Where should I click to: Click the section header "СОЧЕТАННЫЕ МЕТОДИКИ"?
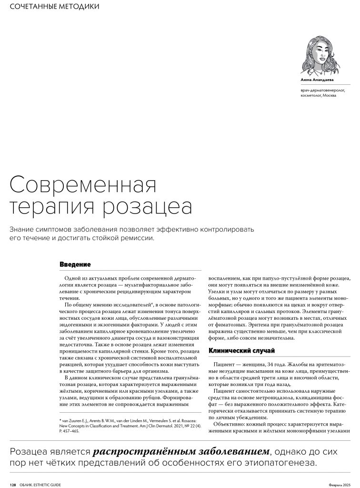point(55,7)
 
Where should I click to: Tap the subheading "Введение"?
point(75,264)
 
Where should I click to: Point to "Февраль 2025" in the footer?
point(340,484)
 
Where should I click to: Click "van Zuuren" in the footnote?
point(73,420)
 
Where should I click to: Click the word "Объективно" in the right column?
point(230,424)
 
